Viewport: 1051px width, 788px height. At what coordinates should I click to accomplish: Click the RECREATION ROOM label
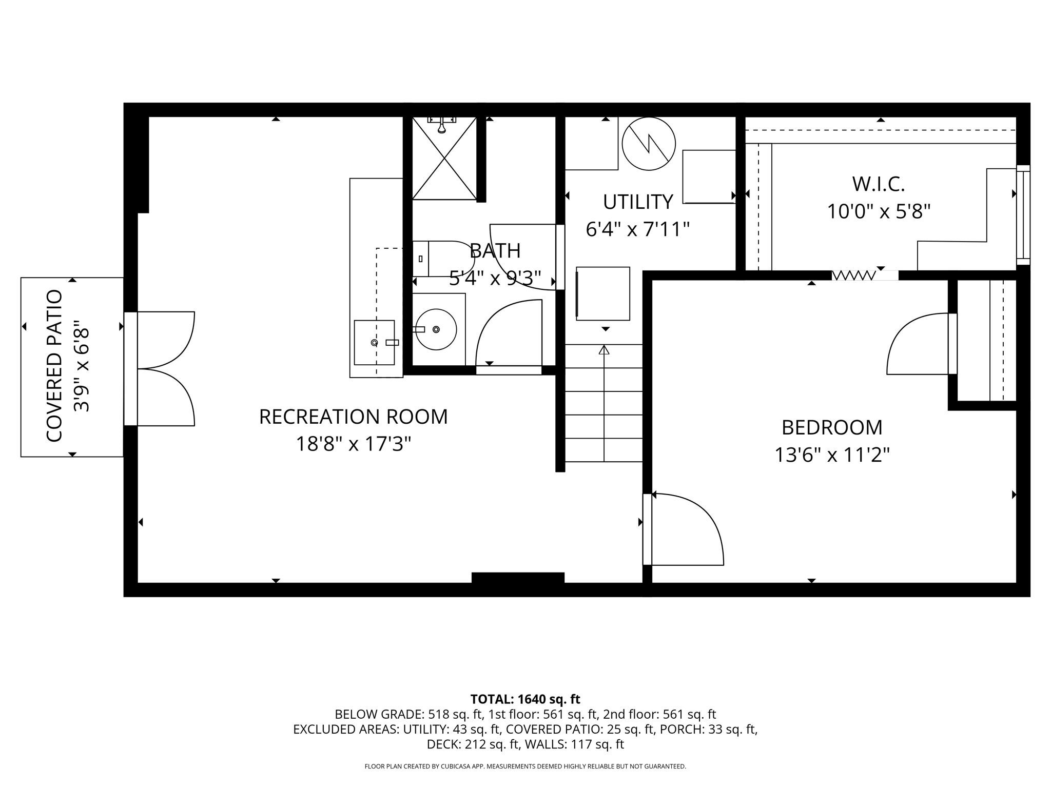click(x=353, y=417)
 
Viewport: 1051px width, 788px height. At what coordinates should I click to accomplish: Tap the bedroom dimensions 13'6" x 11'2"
click(x=831, y=455)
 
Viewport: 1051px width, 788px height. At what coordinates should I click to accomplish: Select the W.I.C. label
click(x=878, y=184)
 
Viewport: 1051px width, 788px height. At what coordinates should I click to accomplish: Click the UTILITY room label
click(x=637, y=202)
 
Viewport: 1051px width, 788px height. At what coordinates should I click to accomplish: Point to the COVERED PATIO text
click(x=54, y=366)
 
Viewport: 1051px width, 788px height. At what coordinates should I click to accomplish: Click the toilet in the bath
click(x=442, y=259)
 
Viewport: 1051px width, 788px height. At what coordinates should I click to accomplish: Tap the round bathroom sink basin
click(x=436, y=329)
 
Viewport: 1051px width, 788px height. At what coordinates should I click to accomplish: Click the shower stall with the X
click(x=444, y=159)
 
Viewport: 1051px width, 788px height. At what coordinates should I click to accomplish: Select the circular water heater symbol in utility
click(x=649, y=144)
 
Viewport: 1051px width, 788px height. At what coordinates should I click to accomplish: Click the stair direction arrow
click(x=604, y=351)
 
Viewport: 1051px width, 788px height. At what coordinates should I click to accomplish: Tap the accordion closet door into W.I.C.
click(x=854, y=276)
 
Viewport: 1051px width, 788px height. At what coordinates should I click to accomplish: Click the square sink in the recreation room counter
click(x=375, y=342)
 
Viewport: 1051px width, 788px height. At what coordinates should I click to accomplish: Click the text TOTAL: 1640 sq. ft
click(x=525, y=699)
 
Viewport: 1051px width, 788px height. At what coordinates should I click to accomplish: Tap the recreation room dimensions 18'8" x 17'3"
click(x=353, y=444)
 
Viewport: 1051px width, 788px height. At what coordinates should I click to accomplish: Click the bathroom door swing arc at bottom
click(x=508, y=333)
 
